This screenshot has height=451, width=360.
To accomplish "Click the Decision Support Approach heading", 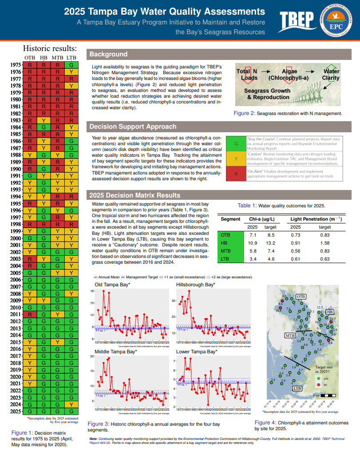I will click(133, 127).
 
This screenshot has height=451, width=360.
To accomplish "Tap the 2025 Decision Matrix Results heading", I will click(135, 195).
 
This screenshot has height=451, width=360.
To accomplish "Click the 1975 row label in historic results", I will click(16, 65).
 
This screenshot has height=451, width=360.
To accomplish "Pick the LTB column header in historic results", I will click(71, 58).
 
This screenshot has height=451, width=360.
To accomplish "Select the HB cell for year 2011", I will click(44, 314).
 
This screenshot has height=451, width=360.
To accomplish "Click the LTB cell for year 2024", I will click(71, 404).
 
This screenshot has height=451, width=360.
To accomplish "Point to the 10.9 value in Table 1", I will click(253, 243).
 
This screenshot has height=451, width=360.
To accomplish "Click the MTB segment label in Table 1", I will click(226, 251).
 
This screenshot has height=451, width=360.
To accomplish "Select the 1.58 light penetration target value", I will click(325, 243).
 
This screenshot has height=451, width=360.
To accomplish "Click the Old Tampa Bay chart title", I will click(112, 285).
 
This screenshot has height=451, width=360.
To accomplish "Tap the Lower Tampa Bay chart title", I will click(197, 352).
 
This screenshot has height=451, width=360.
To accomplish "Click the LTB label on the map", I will click(298, 388).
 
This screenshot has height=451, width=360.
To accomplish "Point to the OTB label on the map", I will click(301, 296).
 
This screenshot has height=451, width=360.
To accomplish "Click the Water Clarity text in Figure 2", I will click(331, 75).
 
